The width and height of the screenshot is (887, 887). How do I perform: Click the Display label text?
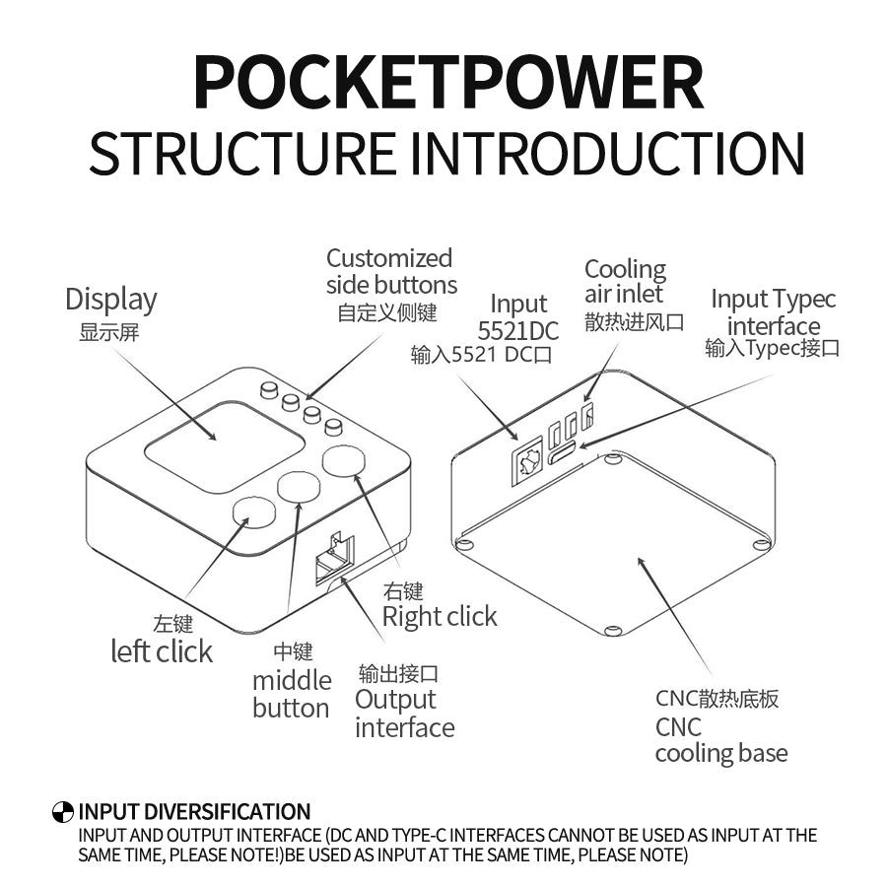(110, 300)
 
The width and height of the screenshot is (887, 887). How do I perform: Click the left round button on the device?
(253, 512)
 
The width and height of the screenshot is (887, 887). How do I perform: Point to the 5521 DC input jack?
(529, 460)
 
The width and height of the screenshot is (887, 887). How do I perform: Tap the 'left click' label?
(162, 651)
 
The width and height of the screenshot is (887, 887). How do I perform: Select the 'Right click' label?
(440, 617)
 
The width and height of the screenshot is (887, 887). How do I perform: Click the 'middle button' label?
(291, 694)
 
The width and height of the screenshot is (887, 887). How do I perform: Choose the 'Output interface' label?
(404, 714)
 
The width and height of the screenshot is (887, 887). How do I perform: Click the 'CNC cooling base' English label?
(720, 740)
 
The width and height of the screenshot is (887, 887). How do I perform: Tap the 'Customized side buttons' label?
(391, 272)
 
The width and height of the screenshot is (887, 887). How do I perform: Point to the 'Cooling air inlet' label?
(625, 281)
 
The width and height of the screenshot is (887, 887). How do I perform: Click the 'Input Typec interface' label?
(774, 312)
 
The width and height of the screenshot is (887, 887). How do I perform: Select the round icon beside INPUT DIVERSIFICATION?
(63, 813)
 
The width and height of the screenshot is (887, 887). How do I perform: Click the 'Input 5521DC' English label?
(518, 317)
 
